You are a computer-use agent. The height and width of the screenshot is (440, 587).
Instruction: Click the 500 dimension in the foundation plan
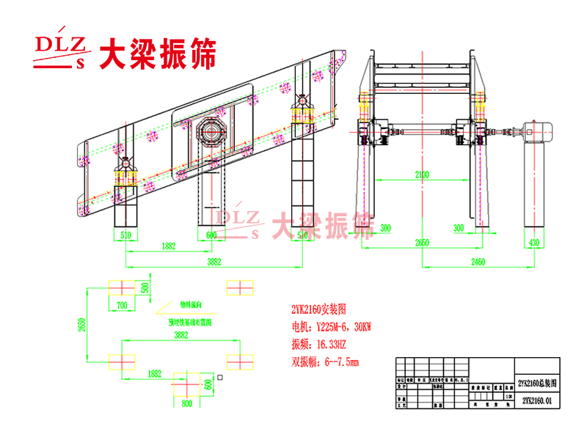(145, 286)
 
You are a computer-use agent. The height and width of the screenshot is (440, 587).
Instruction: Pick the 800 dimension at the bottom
(188, 403)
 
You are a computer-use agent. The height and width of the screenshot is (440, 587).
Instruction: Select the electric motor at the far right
(539, 131)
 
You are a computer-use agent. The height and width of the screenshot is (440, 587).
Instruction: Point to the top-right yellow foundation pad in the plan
(239, 286)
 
